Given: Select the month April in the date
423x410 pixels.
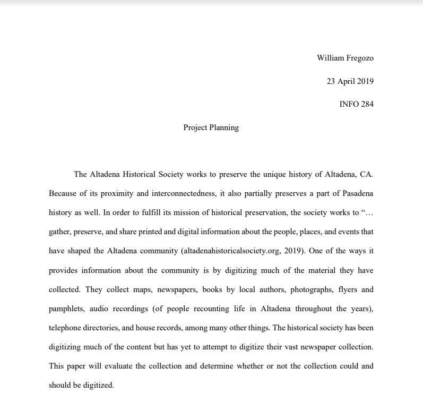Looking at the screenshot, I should pos(347,81).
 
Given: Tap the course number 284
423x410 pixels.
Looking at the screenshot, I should pos(367,104).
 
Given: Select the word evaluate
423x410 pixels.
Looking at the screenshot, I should pos(124,366).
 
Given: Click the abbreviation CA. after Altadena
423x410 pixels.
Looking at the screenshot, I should pos(367,174).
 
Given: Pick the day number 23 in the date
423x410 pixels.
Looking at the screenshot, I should pos(331,81).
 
